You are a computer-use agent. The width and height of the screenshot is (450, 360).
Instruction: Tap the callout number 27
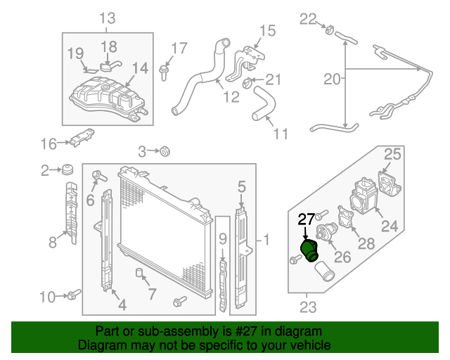(x=306, y=219)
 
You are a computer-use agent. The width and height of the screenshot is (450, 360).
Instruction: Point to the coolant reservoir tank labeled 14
(x=105, y=98)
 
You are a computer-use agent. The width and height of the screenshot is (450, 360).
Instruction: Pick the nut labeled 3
(x=166, y=150)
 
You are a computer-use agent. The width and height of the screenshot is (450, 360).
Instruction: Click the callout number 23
(x=308, y=307)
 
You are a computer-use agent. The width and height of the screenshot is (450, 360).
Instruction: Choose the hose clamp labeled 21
(x=248, y=84)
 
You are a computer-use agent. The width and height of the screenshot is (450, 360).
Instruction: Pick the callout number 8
(x=52, y=243)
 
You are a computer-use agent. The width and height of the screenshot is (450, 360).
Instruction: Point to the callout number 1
(x=266, y=241)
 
